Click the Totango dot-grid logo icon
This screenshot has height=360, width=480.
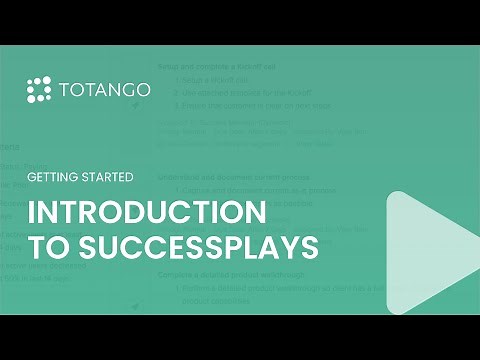(x=38, y=89)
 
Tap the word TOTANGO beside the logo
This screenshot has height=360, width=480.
(x=103, y=89)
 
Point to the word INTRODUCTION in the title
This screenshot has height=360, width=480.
(x=146, y=213)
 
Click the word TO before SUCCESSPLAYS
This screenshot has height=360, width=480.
(x=44, y=246)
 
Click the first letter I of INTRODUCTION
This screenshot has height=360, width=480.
(x=32, y=213)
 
